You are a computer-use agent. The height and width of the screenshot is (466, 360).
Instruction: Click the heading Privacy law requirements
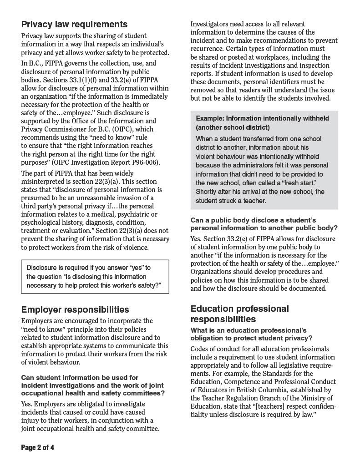coord(74,24)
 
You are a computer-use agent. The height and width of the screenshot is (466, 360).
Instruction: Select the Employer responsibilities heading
coord(75,310)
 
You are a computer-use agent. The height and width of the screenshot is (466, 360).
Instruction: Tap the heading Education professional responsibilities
coord(239,314)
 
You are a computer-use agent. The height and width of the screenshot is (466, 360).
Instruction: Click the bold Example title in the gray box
coord(262,122)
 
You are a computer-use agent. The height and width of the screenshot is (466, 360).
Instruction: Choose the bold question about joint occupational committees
coord(93,385)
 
